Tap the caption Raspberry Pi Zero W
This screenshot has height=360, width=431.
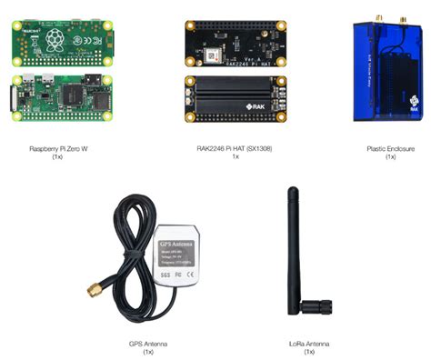[58, 147]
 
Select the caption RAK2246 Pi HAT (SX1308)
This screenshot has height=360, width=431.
[235, 147]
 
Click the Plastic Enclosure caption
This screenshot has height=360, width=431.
[390, 147]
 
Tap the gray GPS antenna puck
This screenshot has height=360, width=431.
[182, 256]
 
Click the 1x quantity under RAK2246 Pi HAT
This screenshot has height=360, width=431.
[235, 155]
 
